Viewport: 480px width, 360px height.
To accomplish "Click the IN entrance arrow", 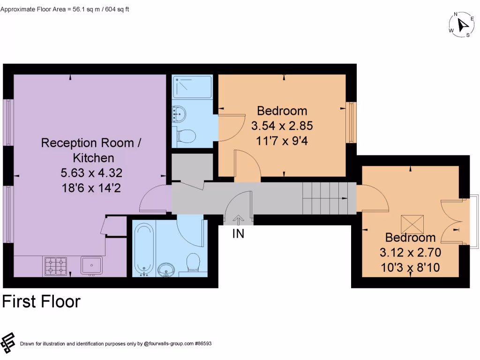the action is [239, 220].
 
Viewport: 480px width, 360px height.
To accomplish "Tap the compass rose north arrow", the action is [462, 24].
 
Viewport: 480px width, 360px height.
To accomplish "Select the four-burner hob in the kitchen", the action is [56, 266].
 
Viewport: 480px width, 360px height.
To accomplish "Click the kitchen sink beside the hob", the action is [91, 265].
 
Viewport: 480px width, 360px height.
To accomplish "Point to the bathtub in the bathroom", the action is [143, 249].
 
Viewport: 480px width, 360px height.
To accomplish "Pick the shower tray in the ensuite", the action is [192, 87].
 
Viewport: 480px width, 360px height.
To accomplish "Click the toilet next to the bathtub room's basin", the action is [193, 262].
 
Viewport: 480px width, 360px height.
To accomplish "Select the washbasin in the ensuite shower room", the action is [179, 114].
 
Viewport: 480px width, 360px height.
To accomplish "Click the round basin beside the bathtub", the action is [166, 270].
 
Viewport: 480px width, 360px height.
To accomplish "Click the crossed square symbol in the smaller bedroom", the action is [412, 225].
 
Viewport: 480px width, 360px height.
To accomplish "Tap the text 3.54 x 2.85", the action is [282, 126].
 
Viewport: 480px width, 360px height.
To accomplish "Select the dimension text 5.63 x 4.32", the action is [91, 173].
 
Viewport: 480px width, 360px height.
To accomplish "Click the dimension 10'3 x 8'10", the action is [410, 268].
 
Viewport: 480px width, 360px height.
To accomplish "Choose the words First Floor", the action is [41, 301].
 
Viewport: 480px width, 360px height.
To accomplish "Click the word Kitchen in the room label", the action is [93, 158].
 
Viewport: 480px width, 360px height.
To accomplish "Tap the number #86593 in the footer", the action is [203, 344].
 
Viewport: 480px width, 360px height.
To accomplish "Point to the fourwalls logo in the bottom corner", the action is [7, 343].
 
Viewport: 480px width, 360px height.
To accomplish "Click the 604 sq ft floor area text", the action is [117, 9].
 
